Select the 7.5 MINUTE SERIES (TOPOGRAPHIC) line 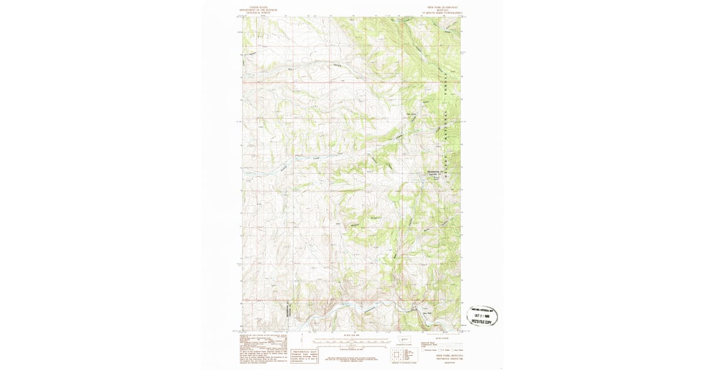[441, 12]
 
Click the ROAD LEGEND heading [441, 338]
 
